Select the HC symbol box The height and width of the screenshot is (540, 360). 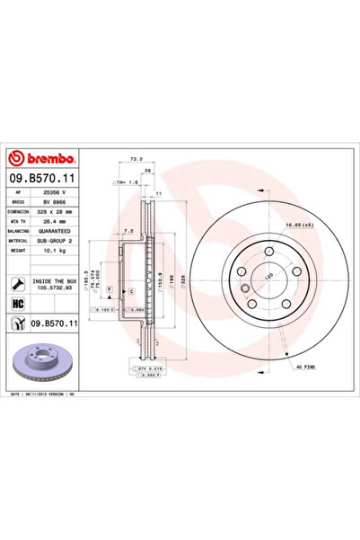pos(19,304)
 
